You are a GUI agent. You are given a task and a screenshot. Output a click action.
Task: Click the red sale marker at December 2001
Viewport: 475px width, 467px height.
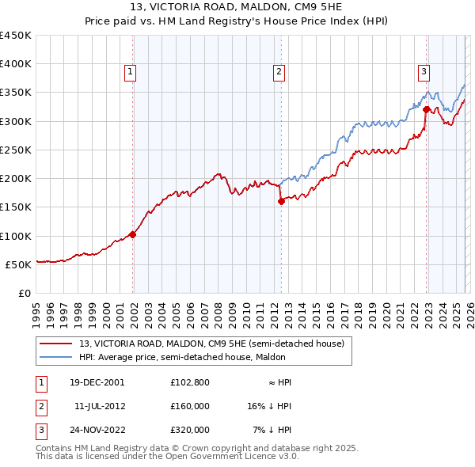point(132,234)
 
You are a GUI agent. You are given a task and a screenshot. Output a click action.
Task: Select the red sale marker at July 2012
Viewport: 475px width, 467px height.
point(281,201)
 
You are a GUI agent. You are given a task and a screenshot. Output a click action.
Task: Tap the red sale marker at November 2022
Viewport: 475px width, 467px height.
point(426,109)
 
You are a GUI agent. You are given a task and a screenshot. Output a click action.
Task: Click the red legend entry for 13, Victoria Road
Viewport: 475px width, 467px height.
point(211,344)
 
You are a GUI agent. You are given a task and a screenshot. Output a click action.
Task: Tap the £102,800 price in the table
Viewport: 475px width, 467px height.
point(189,382)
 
